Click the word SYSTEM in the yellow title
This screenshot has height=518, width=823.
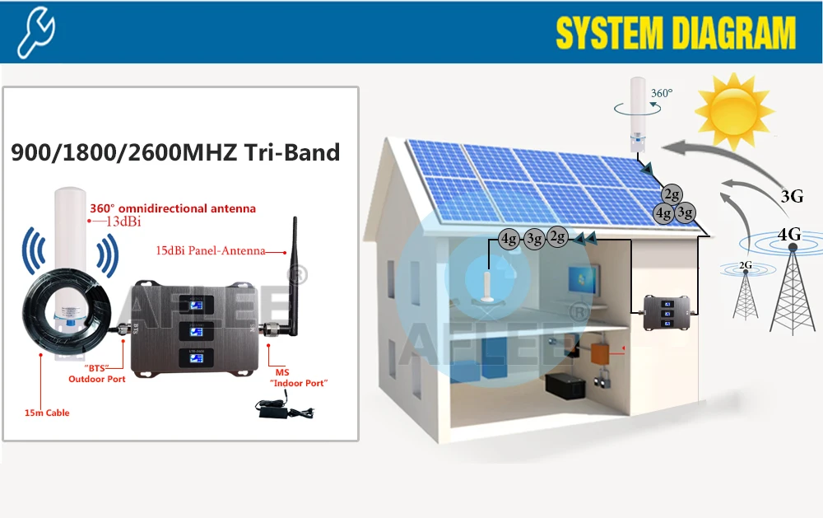[608, 34]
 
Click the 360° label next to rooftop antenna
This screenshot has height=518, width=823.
[661, 93]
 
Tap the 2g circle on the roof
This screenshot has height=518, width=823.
[672, 194]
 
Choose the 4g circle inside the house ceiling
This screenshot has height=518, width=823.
[509, 240]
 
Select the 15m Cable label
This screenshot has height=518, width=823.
[47, 413]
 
